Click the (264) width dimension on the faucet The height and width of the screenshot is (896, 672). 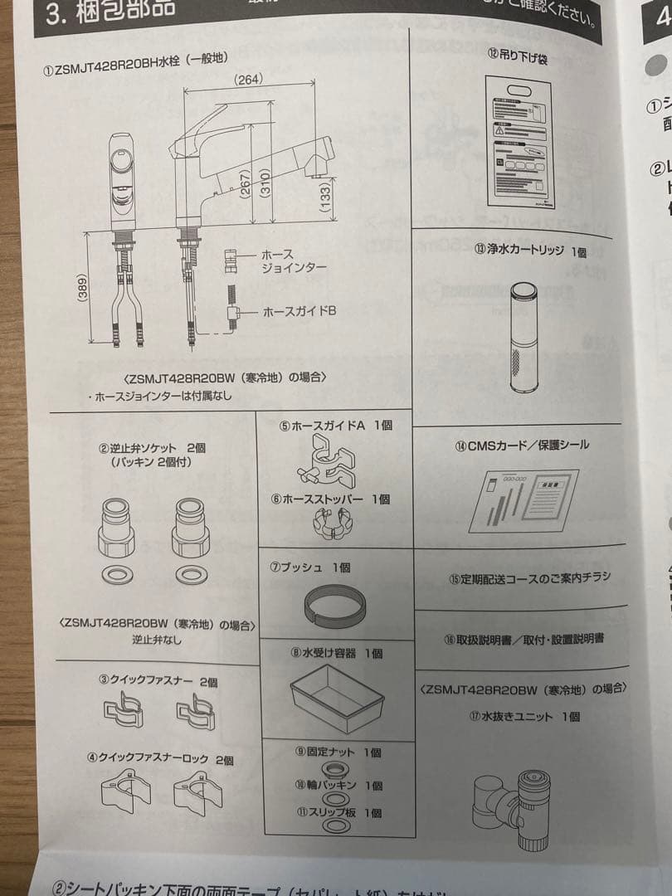tap(246, 80)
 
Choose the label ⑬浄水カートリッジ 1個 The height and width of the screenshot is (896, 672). tap(530, 250)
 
